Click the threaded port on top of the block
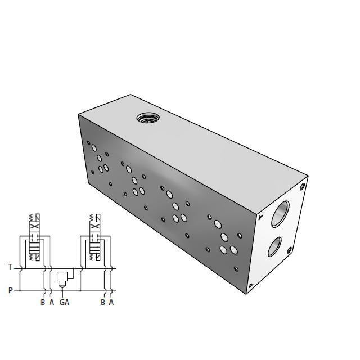click(x=147, y=118)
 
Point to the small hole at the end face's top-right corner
click(x=303, y=186)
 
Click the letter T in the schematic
click(x=10, y=268)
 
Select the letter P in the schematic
click(x=10, y=290)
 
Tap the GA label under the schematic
click(x=64, y=303)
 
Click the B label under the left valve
click(x=43, y=303)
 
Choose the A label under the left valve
click(x=51, y=303)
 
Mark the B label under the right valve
click(x=102, y=303)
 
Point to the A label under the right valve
click(x=111, y=303)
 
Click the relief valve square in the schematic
click(x=62, y=276)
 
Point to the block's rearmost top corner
click(x=131, y=94)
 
